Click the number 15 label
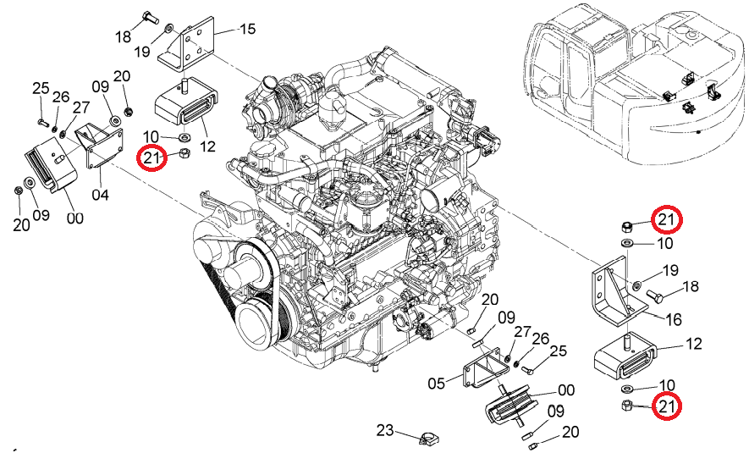247,29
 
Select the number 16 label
674,319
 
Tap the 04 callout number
101,195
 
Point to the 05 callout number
437,384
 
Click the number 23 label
385,430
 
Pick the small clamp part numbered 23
428,438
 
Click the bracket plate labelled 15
187,46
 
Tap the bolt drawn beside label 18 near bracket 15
150,19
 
